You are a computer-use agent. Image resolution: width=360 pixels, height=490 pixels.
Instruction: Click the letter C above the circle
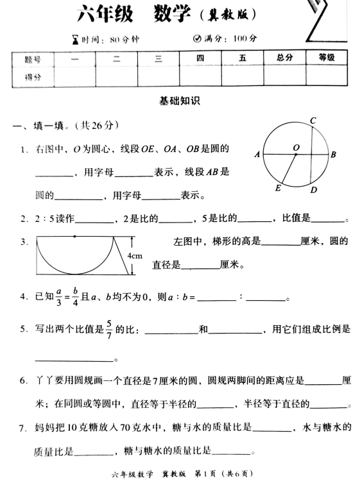[312, 121]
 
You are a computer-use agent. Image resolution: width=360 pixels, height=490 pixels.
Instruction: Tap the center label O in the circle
[296, 148]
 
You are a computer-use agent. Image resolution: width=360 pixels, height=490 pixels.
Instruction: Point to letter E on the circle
[278, 188]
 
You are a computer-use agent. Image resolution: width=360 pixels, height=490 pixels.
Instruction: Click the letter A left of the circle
[257, 155]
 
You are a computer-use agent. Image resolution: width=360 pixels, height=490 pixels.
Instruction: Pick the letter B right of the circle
[334, 155]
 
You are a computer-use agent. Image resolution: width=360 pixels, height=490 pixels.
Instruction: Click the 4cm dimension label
[135, 257]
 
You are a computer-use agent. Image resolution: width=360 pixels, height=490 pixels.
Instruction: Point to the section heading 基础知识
[180, 100]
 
